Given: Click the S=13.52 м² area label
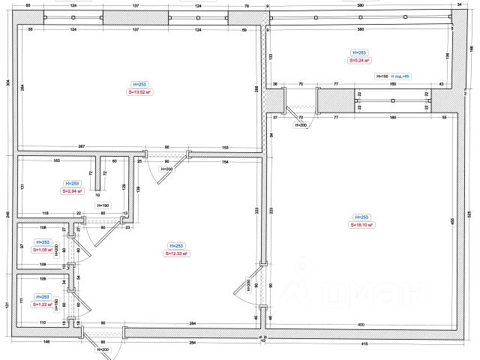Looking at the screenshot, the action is [139, 92].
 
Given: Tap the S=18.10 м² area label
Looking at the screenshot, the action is [361, 224].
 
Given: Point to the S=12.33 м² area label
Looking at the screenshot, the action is [177, 253].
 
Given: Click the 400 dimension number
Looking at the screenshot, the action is [361, 324].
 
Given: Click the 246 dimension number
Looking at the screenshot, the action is [7, 216].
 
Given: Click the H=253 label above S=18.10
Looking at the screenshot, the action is [361, 216].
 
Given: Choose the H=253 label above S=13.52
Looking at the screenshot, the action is [139, 84].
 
